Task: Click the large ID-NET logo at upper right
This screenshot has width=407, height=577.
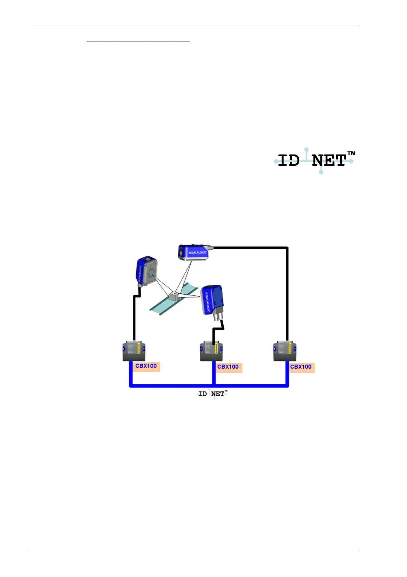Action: pos(314,161)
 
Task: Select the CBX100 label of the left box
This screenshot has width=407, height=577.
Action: pos(146,366)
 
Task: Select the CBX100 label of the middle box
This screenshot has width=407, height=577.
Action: pos(228,367)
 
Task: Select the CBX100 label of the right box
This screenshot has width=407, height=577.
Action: pos(301,367)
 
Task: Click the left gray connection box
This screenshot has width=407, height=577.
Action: pos(134,351)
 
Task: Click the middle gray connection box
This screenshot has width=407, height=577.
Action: pos(211,352)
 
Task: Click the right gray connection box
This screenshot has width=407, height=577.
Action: pos(285,351)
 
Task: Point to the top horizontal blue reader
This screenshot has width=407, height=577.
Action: pos(193,253)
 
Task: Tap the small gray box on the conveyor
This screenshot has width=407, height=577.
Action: pos(174,296)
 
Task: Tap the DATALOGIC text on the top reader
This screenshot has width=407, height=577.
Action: pos(198,253)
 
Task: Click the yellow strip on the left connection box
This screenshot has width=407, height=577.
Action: pos(139,348)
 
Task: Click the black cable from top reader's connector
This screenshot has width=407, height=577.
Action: pos(287,291)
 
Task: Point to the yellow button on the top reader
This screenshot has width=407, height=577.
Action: pos(181,253)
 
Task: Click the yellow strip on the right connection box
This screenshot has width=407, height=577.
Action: pos(290,348)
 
